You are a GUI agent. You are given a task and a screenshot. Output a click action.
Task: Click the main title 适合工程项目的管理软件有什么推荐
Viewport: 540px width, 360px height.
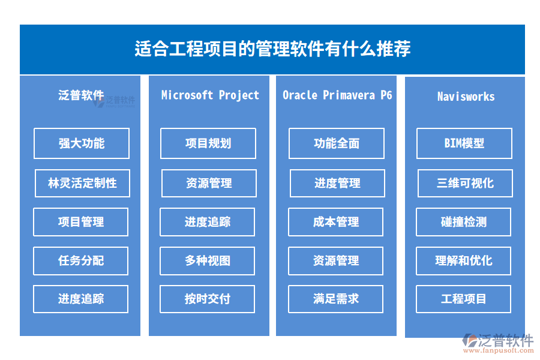[272, 49]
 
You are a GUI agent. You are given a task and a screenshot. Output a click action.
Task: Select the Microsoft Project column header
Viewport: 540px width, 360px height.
[210, 95]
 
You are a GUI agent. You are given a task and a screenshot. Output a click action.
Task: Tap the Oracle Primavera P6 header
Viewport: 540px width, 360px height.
[337, 95]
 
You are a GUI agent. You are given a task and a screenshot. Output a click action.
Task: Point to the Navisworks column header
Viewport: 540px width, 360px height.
[466, 97]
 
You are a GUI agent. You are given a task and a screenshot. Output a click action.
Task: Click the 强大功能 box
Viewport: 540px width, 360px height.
[82, 143]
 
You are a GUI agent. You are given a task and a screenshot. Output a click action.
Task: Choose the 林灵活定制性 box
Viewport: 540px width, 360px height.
[82, 183]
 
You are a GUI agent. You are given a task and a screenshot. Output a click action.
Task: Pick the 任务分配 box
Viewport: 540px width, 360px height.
[80, 261]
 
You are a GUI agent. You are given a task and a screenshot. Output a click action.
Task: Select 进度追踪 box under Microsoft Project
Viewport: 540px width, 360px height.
[208, 222]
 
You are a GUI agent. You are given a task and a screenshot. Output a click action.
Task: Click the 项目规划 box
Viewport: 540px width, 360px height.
[208, 143]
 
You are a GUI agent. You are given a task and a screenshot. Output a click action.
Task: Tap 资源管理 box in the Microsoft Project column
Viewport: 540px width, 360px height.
[209, 183]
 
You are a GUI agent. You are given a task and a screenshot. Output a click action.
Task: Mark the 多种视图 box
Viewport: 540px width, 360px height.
[208, 261]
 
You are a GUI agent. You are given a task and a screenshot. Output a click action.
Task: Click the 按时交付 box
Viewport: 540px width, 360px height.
[208, 299]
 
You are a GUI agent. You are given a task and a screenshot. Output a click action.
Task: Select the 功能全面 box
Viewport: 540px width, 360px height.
[337, 143]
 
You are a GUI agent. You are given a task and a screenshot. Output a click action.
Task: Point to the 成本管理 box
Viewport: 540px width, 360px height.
[336, 222]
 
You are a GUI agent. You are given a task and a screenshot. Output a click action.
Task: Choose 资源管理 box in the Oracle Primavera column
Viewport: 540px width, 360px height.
[336, 261]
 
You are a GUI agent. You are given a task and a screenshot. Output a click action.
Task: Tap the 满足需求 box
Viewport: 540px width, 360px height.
[336, 299]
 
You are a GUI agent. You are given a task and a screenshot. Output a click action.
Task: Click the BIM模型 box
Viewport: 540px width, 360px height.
[464, 143]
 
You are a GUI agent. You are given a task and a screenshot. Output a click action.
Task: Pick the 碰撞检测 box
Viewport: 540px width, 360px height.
[464, 222]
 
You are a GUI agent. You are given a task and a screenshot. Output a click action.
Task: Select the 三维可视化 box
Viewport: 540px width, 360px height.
[465, 183]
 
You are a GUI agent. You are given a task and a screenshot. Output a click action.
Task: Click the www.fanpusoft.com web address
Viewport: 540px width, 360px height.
[499, 350]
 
